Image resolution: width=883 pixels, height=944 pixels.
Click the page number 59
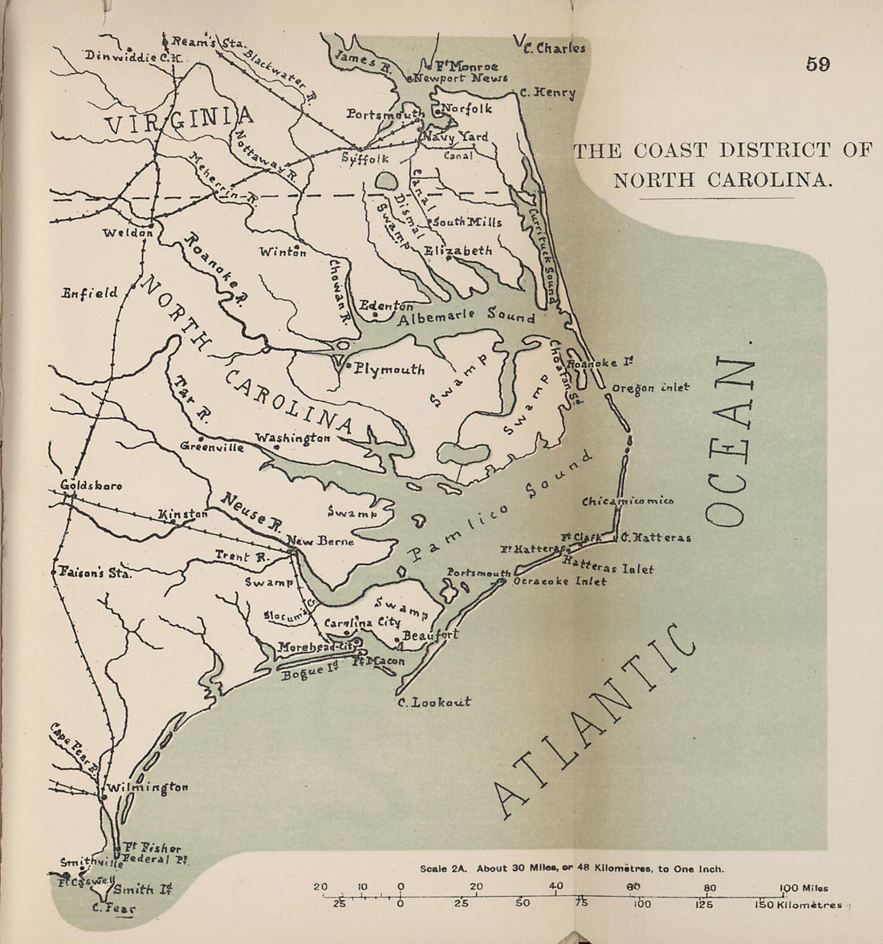tap(817, 65)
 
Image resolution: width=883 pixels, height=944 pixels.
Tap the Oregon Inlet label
tap(650, 387)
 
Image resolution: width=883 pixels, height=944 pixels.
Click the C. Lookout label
tap(434, 703)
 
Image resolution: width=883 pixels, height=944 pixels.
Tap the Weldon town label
tap(128, 233)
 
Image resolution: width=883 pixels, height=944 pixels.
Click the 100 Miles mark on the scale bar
tap(803, 888)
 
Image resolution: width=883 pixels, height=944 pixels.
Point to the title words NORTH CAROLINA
tap(719, 180)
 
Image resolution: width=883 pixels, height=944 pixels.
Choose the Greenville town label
tap(212, 448)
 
